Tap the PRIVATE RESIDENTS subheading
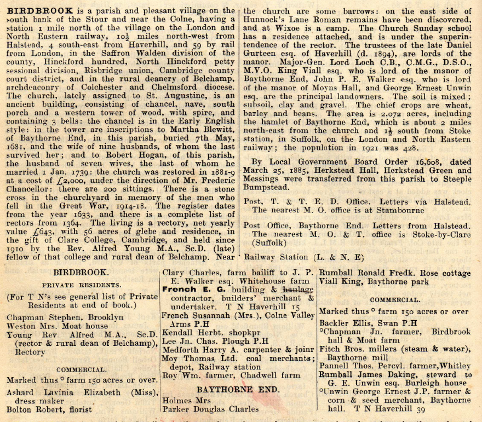(82, 285)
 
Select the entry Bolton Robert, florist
(49, 409)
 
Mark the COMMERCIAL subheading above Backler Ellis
(395, 299)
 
